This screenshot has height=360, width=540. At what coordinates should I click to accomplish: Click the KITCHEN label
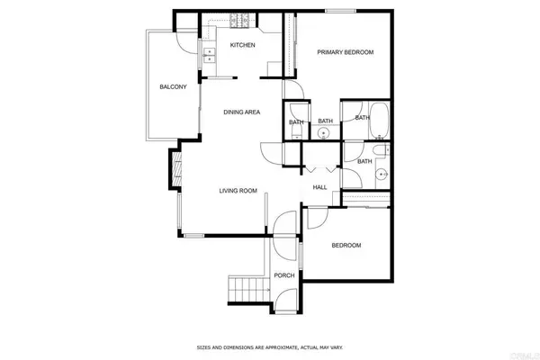242,45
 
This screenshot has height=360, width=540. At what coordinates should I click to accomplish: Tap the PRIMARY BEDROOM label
345,52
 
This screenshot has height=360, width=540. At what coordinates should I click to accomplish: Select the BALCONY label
173,86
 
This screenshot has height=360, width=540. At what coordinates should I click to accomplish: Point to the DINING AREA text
242,112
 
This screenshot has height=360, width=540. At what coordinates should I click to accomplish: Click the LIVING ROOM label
239,191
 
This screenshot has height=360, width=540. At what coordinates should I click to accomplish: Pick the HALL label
319,187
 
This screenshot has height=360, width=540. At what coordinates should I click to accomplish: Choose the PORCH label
284,275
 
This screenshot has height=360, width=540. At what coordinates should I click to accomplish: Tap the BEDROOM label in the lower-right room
346,246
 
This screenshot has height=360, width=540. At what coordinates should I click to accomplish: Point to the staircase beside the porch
244,290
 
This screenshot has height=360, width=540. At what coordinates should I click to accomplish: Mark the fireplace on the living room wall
173,167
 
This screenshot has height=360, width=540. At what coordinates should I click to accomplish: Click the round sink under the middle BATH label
324,133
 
